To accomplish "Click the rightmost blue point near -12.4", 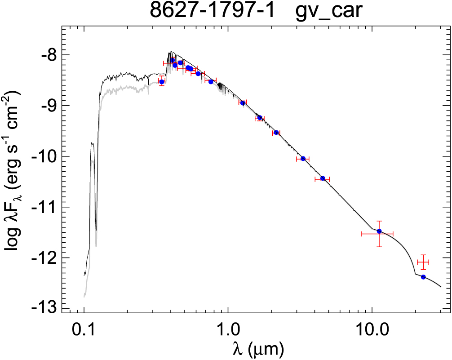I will (423, 277).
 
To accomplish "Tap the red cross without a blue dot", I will (423, 262).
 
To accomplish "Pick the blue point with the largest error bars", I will (379, 231).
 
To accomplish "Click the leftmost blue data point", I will (162, 81).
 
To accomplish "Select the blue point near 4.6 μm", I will (323, 178).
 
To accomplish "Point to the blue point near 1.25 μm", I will (243, 103).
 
